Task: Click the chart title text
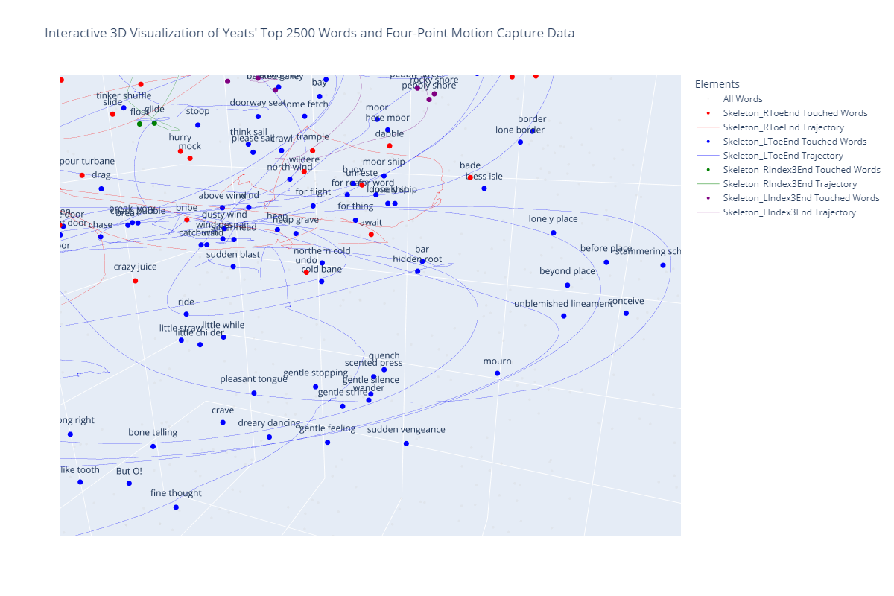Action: tap(309, 34)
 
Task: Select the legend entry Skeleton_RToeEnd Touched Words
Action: tap(795, 113)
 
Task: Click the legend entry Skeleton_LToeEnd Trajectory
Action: tap(783, 156)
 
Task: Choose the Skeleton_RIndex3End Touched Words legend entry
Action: tap(802, 170)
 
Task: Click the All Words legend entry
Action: tap(743, 99)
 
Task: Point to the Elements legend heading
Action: tap(717, 84)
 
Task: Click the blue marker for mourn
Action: tap(497, 373)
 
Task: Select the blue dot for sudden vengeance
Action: tap(406, 443)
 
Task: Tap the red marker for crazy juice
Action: tap(135, 281)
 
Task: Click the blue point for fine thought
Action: tap(176, 507)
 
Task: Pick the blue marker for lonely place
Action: tap(554, 233)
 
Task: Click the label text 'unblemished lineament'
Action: tap(562, 304)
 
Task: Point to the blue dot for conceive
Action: tap(626, 314)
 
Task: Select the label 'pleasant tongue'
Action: tap(253, 379)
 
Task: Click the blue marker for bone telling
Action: tap(153, 446)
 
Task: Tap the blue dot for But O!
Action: tap(129, 484)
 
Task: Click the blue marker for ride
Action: tap(186, 314)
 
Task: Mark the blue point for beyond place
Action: tap(568, 285)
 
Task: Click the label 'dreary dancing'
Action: tap(269, 423)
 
